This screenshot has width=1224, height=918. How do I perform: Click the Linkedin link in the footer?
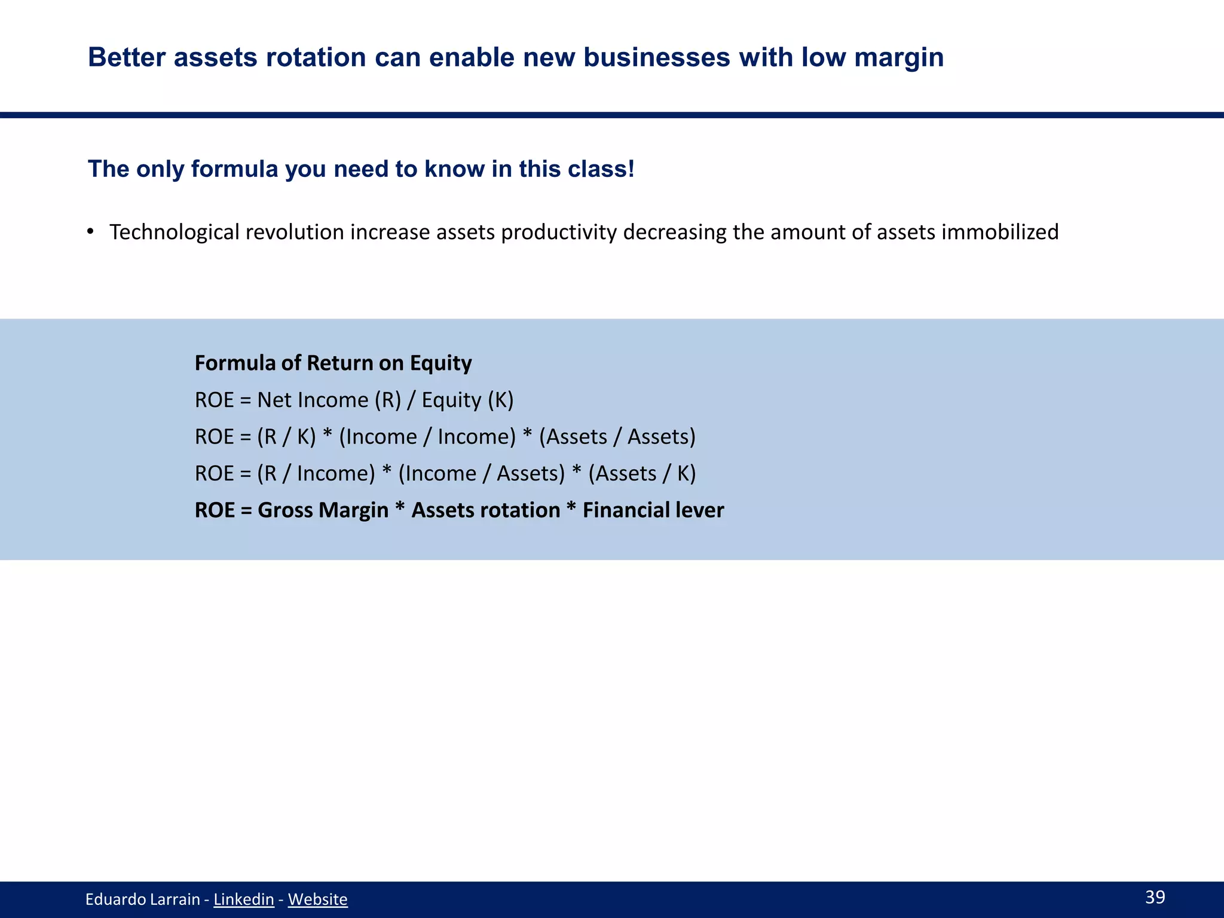click(x=243, y=899)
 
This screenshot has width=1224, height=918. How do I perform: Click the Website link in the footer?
click(x=317, y=899)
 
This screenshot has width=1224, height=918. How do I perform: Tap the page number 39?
click(x=1155, y=896)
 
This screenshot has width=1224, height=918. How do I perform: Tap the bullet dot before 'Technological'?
click(x=90, y=231)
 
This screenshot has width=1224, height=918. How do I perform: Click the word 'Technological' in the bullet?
click(x=175, y=232)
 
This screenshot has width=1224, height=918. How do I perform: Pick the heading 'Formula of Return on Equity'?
click(x=333, y=363)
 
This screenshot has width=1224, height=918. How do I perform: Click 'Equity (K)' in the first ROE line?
click(x=467, y=400)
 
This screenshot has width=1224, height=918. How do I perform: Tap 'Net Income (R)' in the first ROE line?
click(x=329, y=400)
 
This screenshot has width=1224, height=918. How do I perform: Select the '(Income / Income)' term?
click(x=427, y=436)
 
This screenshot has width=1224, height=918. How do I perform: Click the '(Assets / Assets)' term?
click(x=617, y=436)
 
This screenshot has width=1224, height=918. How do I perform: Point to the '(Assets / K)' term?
click(x=642, y=473)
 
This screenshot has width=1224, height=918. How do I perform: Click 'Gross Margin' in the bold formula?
click(x=323, y=510)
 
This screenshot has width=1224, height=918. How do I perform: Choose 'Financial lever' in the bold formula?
click(x=653, y=510)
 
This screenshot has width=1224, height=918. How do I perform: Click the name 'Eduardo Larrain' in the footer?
click(x=142, y=899)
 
